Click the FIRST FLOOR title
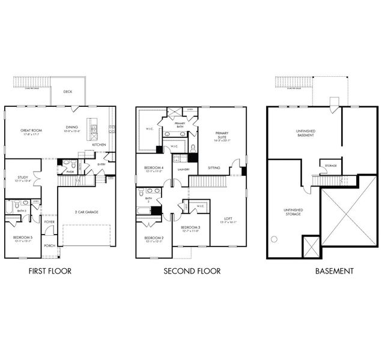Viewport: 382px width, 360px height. pyautogui.click(x=50, y=271)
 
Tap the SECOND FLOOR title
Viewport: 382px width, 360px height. pyautogui.click(x=192, y=271)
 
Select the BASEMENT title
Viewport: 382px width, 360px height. pyautogui.click(x=335, y=271)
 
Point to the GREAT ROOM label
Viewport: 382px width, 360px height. pyautogui.click(x=30, y=130)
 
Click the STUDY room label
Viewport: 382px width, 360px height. pyautogui.click(x=23, y=178)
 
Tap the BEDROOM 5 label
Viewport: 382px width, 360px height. pyautogui.click(x=23, y=238)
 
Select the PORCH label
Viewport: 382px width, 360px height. pyautogui.click(x=49, y=245)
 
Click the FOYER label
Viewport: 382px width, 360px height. pyautogui.click(x=49, y=221)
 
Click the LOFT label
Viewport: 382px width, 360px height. pyautogui.click(x=228, y=218)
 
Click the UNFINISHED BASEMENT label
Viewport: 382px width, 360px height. pyautogui.click(x=306, y=132)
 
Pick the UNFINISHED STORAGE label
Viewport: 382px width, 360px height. pyautogui.click(x=293, y=211)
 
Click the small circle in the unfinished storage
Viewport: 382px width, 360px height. pyautogui.click(x=274, y=239)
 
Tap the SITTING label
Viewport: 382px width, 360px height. pyautogui.click(x=214, y=169)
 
